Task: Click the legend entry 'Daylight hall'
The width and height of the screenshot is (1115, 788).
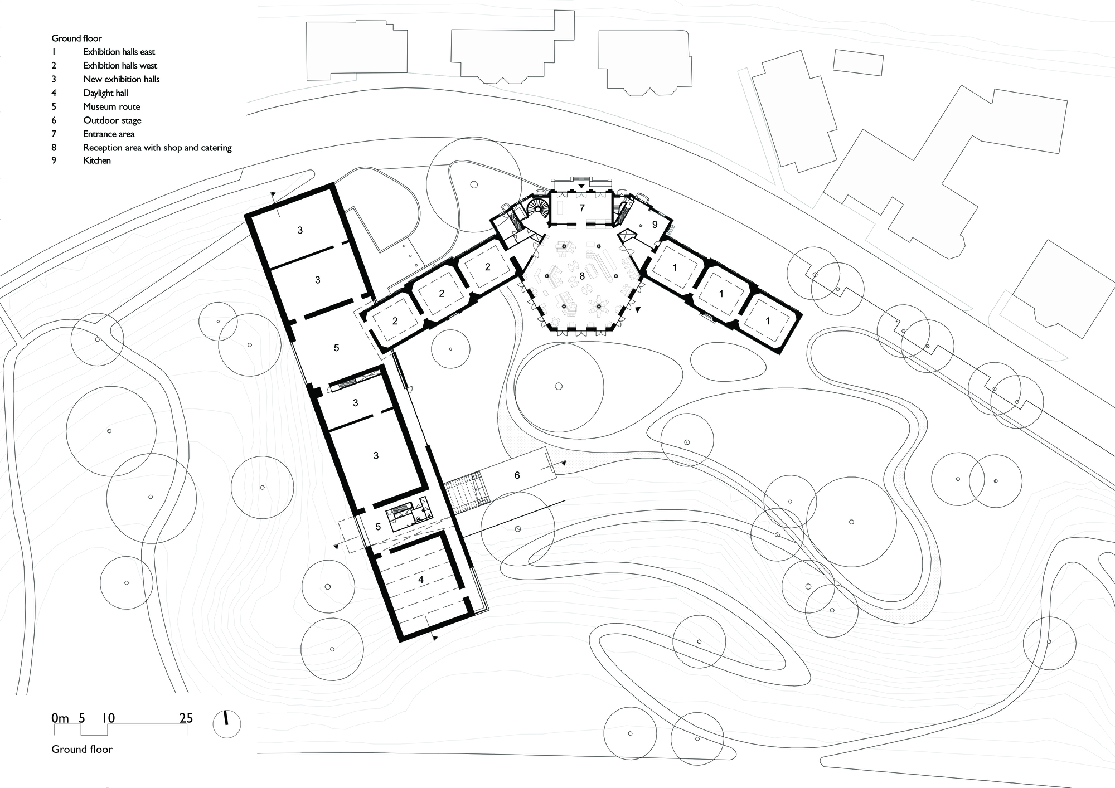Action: point(105,93)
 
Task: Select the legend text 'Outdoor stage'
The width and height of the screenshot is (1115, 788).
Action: point(112,120)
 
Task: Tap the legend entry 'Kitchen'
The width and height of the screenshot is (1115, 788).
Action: point(97,160)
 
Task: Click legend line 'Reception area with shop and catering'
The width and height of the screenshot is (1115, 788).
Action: point(157,148)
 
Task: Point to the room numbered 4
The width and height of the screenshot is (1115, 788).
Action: point(421,580)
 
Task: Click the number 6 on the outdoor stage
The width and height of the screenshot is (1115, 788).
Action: point(517,475)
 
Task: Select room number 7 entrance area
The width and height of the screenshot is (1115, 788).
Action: point(582,208)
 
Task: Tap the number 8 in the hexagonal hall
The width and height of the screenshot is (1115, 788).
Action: point(582,276)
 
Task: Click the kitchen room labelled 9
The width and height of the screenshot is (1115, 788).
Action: point(655,224)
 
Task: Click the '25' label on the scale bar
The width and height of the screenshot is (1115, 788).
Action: point(186,718)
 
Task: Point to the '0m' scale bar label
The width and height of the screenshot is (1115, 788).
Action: point(60,718)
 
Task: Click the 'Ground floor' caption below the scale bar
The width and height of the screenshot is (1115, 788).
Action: point(82,750)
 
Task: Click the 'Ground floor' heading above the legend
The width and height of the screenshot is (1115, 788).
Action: point(77,38)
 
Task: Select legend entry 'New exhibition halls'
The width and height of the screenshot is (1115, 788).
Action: point(122,79)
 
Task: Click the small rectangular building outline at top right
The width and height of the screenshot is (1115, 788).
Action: point(859,62)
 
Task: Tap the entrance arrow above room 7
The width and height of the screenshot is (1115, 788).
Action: point(581,185)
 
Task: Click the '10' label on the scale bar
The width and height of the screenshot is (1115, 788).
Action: point(108,718)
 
